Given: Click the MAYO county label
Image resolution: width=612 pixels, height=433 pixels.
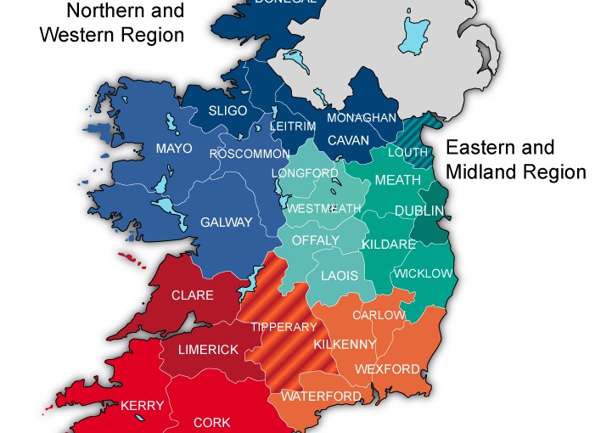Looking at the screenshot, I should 173,149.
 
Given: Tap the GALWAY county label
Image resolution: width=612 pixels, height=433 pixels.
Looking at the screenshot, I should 226,222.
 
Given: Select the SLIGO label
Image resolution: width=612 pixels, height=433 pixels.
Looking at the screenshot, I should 227,111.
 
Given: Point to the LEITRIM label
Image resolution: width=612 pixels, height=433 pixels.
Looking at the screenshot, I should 292,126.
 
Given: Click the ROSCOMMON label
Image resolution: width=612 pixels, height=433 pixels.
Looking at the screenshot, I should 250,154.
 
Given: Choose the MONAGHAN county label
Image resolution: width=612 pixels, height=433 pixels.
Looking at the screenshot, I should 362,118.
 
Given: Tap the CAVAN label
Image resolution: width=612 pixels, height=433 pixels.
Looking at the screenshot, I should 348,139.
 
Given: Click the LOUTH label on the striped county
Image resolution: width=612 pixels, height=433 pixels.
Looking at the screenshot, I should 408,153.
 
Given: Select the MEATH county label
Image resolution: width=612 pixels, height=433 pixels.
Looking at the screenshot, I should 397,180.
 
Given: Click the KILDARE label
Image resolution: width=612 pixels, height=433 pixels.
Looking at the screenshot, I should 389,245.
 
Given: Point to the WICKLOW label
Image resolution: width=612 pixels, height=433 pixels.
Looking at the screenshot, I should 424,273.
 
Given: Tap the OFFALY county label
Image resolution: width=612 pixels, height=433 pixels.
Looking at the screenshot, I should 315,240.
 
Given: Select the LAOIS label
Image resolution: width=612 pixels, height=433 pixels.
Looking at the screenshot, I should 339,276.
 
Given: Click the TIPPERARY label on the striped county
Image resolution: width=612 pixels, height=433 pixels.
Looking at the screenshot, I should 284,327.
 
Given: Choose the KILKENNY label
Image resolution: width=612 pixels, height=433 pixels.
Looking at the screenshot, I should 345,344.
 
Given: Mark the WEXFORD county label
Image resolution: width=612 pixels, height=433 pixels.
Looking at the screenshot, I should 387,369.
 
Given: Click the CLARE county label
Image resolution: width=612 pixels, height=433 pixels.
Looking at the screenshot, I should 193,295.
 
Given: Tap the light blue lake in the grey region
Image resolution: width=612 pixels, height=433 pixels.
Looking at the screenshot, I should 417,35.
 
